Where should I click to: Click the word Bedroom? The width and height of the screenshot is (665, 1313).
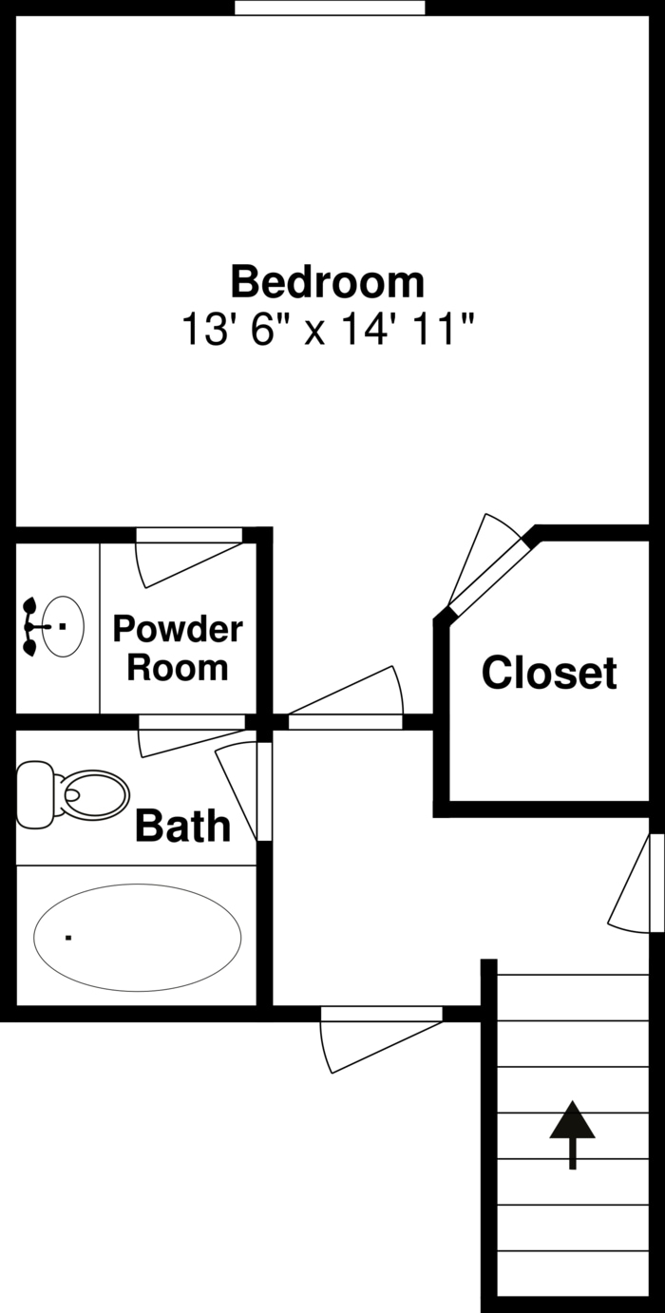click(x=327, y=282)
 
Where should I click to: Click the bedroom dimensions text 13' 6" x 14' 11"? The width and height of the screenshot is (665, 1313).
click(x=327, y=331)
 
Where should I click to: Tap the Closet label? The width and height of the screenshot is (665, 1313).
click(x=549, y=673)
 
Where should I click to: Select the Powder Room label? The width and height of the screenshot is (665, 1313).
click(x=178, y=648)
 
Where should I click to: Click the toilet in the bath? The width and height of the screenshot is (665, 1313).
click(x=91, y=794)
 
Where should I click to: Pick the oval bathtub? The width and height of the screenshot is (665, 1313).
click(x=138, y=937)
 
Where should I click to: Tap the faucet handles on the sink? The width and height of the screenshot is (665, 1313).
click(x=31, y=627)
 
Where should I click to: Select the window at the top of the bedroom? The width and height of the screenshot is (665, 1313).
click(x=330, y=8)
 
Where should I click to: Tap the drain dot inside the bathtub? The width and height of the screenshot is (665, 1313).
click(x=68, y=938)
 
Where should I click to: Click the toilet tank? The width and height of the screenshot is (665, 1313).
click(x=35, y=794)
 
